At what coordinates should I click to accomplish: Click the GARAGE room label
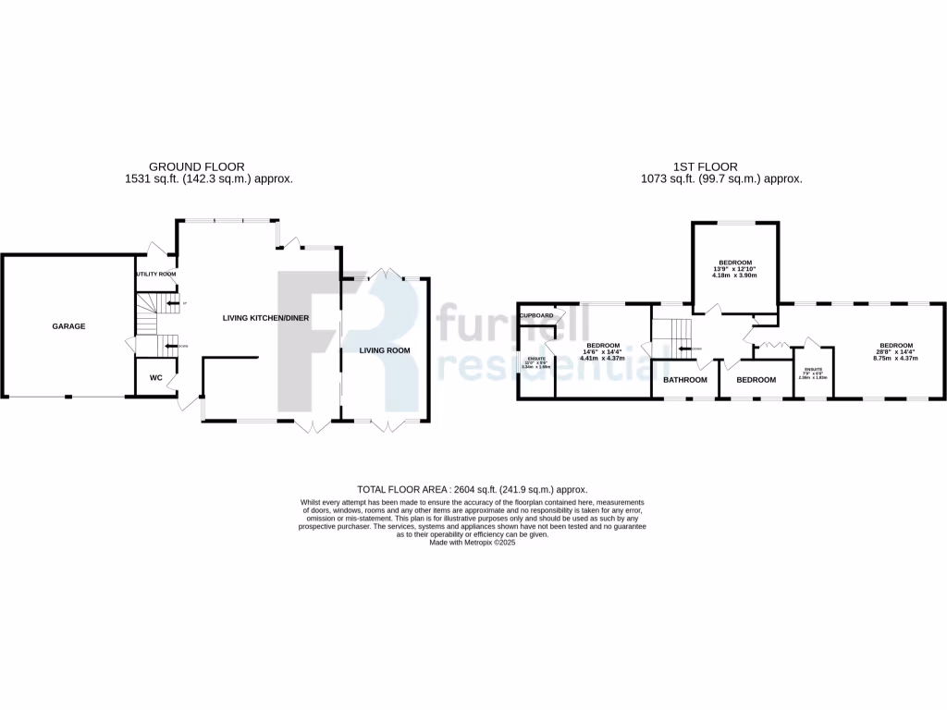tap(68, 326)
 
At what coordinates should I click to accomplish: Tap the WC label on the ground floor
tap(156, 378)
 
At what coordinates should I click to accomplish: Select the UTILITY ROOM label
tap(154, 275)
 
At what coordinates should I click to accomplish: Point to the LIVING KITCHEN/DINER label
tap(265, 318)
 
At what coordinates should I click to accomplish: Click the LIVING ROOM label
tap(385, 350)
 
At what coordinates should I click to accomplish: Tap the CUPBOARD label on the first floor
tap(536, 315)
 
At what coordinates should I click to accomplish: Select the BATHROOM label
tap(684, 380)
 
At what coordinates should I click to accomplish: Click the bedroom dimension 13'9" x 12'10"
tap(734, 268)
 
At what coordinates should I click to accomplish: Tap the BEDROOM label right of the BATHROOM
tap(756, 380)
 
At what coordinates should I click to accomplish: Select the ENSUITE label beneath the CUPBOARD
tap(536, 360)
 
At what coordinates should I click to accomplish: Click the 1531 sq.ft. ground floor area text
tap(209, 179)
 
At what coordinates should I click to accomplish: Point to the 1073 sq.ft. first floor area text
tap(721, 179)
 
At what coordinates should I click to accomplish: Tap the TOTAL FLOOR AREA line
tap(473, 490)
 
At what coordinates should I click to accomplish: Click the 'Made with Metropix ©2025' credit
tap(473, 544)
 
